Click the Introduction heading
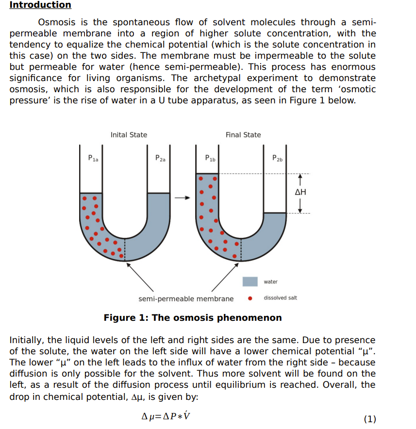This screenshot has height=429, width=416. point(40,5)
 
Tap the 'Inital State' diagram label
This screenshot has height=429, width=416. point(129,135)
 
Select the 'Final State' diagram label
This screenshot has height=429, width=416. point(243,135)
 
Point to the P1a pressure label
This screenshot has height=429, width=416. point(93,158)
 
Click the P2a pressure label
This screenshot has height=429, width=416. point(160,158)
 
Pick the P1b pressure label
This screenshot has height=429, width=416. point(210,158)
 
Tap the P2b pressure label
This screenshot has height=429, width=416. point(277,158)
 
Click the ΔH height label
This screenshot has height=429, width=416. point(300,192)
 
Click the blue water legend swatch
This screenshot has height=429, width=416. point(250,281)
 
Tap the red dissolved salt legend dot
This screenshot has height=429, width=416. point(250,298)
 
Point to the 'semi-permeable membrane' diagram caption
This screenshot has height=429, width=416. point(186,299)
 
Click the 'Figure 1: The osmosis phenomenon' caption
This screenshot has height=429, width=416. point(193,318)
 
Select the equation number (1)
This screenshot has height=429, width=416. point(369,419)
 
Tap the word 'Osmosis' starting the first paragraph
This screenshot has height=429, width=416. point(56,22)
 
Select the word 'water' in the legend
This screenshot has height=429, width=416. point(271,282)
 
